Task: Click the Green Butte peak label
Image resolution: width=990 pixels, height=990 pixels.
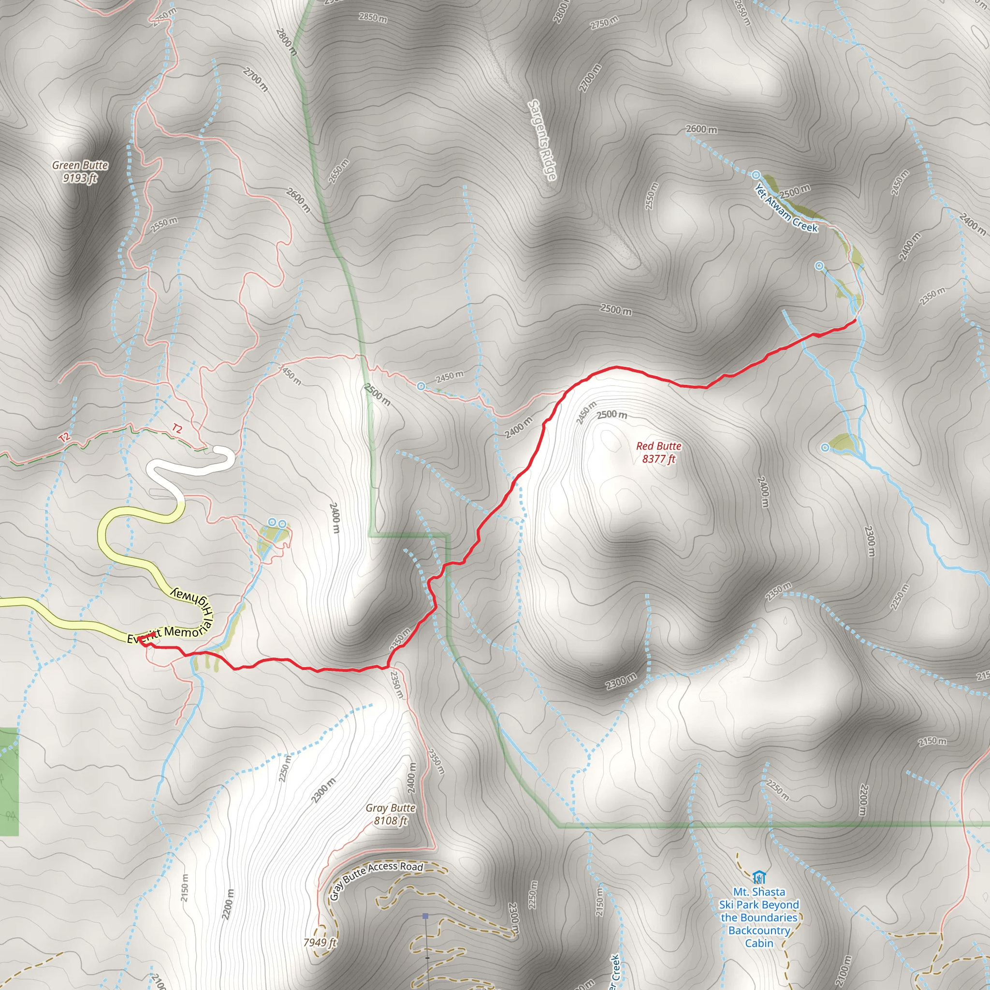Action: (80, 165)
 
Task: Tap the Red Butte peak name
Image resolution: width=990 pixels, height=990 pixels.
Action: (658, 446)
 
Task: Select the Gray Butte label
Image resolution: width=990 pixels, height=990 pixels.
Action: (391, 808)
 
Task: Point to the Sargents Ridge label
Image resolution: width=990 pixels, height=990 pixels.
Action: (542, 140)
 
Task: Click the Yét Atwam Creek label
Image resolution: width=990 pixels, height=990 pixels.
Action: (786, 208)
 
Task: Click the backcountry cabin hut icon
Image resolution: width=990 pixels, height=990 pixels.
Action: (759, 877)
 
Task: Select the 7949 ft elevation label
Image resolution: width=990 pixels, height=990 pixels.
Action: (319, 942)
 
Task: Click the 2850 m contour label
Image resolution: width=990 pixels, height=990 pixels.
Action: (373, 17)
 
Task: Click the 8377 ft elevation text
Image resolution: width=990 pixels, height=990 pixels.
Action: (658, 459)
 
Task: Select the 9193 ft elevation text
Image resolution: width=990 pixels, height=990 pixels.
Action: (80, 178)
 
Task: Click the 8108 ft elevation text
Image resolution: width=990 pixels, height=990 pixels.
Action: (391, 821)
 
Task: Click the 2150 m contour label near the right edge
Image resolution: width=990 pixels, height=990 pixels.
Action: (932, 742)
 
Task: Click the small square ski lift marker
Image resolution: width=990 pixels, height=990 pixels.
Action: (425, 916)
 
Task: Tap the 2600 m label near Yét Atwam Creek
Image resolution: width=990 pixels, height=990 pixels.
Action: (701, 129)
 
